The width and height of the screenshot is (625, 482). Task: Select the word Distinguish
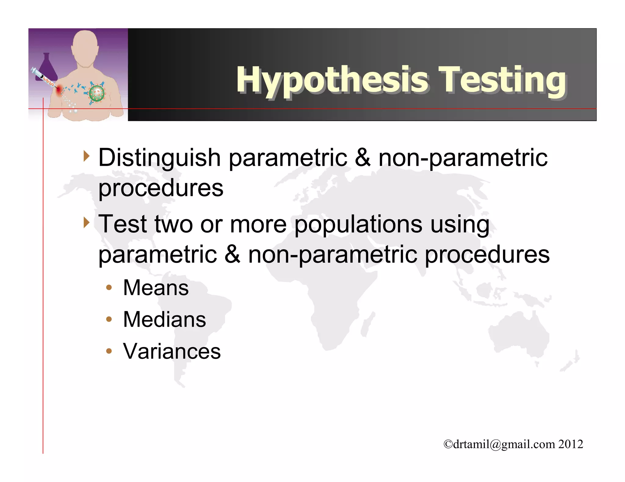[x=159, y=158]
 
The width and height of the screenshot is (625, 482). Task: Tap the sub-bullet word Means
[x=156, y=288]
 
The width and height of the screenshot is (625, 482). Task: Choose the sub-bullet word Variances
[x=172, y=351]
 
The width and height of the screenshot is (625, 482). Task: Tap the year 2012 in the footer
[x=570, y=444]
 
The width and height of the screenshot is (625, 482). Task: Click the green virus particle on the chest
[x=97, y=93]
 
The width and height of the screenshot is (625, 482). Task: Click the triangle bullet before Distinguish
[x=87, y=157]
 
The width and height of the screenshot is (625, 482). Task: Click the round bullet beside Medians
[x=109, y=319]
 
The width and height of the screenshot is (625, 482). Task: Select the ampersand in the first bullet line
[x=363, y=158]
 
